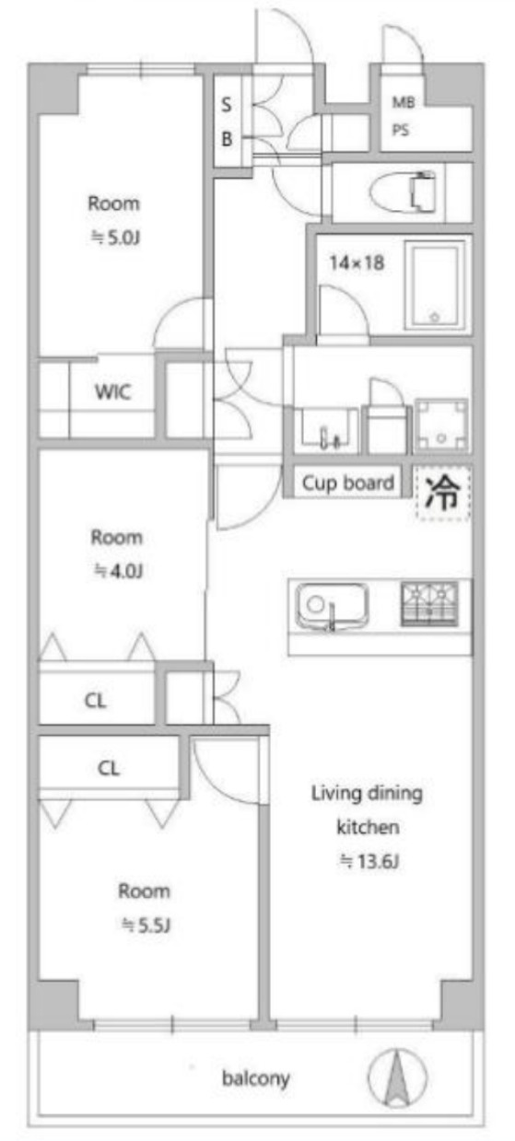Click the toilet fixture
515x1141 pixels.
coord(403,192)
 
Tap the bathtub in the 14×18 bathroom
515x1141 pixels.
coord(435,285)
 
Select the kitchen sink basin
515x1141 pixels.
coord(333,605)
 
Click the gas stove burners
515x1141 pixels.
coord(429,603)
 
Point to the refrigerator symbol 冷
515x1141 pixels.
coord(442,493)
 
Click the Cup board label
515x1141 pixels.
coord(348,483)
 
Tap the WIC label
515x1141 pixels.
coord(112,391)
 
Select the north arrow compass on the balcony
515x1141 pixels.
coord(397,1077)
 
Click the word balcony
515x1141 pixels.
coord(256,1078)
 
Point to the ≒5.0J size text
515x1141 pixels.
coord(115,238)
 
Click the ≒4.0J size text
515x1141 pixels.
coord(118,571)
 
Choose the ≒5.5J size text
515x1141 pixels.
coord(146,926)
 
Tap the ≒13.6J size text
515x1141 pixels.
coord(369,861)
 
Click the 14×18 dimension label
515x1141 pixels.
coord(357,262)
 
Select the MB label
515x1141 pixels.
coord(403,103)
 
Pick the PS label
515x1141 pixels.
coord(401,131)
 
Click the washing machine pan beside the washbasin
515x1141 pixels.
coord(441,425)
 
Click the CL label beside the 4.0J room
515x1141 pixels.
coord(95,701)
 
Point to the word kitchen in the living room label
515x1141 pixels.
coord(368,827)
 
